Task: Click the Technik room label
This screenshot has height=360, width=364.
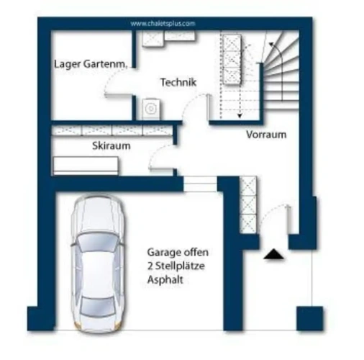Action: [x=178, y=82]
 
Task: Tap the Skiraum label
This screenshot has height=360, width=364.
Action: [x=112, y=145]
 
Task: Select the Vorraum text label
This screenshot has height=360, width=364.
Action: [x=266, y=135]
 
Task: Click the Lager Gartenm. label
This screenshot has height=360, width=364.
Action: [x=91, y=64]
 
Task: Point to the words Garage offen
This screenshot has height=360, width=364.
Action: [x=178, y=252]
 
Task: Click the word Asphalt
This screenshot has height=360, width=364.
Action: [x=165, y=280]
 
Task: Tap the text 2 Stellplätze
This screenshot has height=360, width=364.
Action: [x=176, y=266]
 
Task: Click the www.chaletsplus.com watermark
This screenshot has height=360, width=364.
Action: [x=163, y=24]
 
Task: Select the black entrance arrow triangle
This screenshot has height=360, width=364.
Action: [x=274, y=254]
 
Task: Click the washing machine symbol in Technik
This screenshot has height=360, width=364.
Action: [x=151, y=109]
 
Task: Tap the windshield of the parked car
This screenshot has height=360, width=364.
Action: [x=98, y=243]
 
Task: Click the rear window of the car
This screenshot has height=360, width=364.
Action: [x=97, y=306]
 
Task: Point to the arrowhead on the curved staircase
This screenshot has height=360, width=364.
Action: [x=271, y=45]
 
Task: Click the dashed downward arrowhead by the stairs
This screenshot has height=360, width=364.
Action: [x=240, y=116]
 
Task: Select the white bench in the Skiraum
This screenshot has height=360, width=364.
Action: [x=86, y=166]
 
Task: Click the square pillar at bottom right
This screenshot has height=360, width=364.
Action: [x=309, y=318]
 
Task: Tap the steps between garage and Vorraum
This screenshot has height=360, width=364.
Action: [x=200, y=184]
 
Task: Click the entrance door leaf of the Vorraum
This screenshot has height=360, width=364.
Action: [x=290, y=219]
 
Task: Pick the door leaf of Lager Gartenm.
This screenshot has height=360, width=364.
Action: [x=118, y=95]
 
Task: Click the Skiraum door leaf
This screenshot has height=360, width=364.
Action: [x=161, y=169]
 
